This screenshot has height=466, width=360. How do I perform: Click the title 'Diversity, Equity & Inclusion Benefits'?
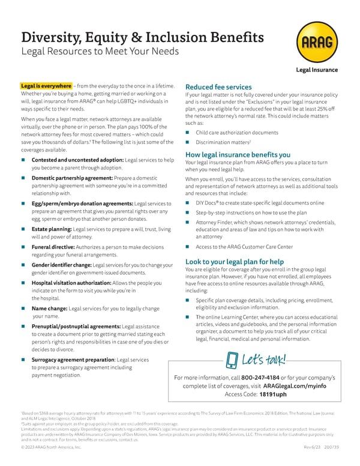(x=142, y=37)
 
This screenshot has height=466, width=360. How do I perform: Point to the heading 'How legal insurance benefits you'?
(x=230, y=154)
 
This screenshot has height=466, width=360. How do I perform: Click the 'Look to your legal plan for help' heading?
(x=235, y=262)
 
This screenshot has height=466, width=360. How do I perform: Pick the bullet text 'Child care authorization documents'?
(x=236, y=132)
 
